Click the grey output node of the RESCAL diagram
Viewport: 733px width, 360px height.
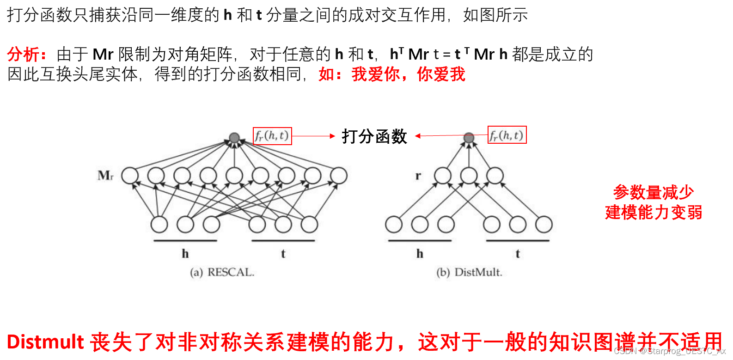click(234, 138)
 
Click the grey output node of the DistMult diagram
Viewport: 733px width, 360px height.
click(469, 138)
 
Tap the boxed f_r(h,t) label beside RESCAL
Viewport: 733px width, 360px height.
click(272, 136)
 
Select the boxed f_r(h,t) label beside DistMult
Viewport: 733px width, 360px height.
click(507, 135)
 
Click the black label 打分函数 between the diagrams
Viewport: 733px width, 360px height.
click(374, 136)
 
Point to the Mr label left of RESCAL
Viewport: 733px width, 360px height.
click(105, 176)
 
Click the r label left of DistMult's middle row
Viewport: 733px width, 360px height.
click(418, 176)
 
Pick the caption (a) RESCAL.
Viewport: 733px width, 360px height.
click(222, 272)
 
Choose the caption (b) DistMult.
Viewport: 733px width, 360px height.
click(469, 272)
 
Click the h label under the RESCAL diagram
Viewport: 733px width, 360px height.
click(185, 254)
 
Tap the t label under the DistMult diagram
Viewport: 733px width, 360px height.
click(518, 254)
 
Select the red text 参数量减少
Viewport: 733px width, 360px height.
click(653, 192)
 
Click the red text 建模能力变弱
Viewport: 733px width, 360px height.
click(654, 213)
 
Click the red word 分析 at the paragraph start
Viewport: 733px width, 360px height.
click(23, 55)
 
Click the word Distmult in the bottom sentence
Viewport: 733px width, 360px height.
click(45, 342)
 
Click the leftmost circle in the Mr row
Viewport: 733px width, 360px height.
click(130, 176)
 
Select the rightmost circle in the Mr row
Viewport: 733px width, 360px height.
click(339, 176)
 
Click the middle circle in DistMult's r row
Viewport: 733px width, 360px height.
click(469, 176)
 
